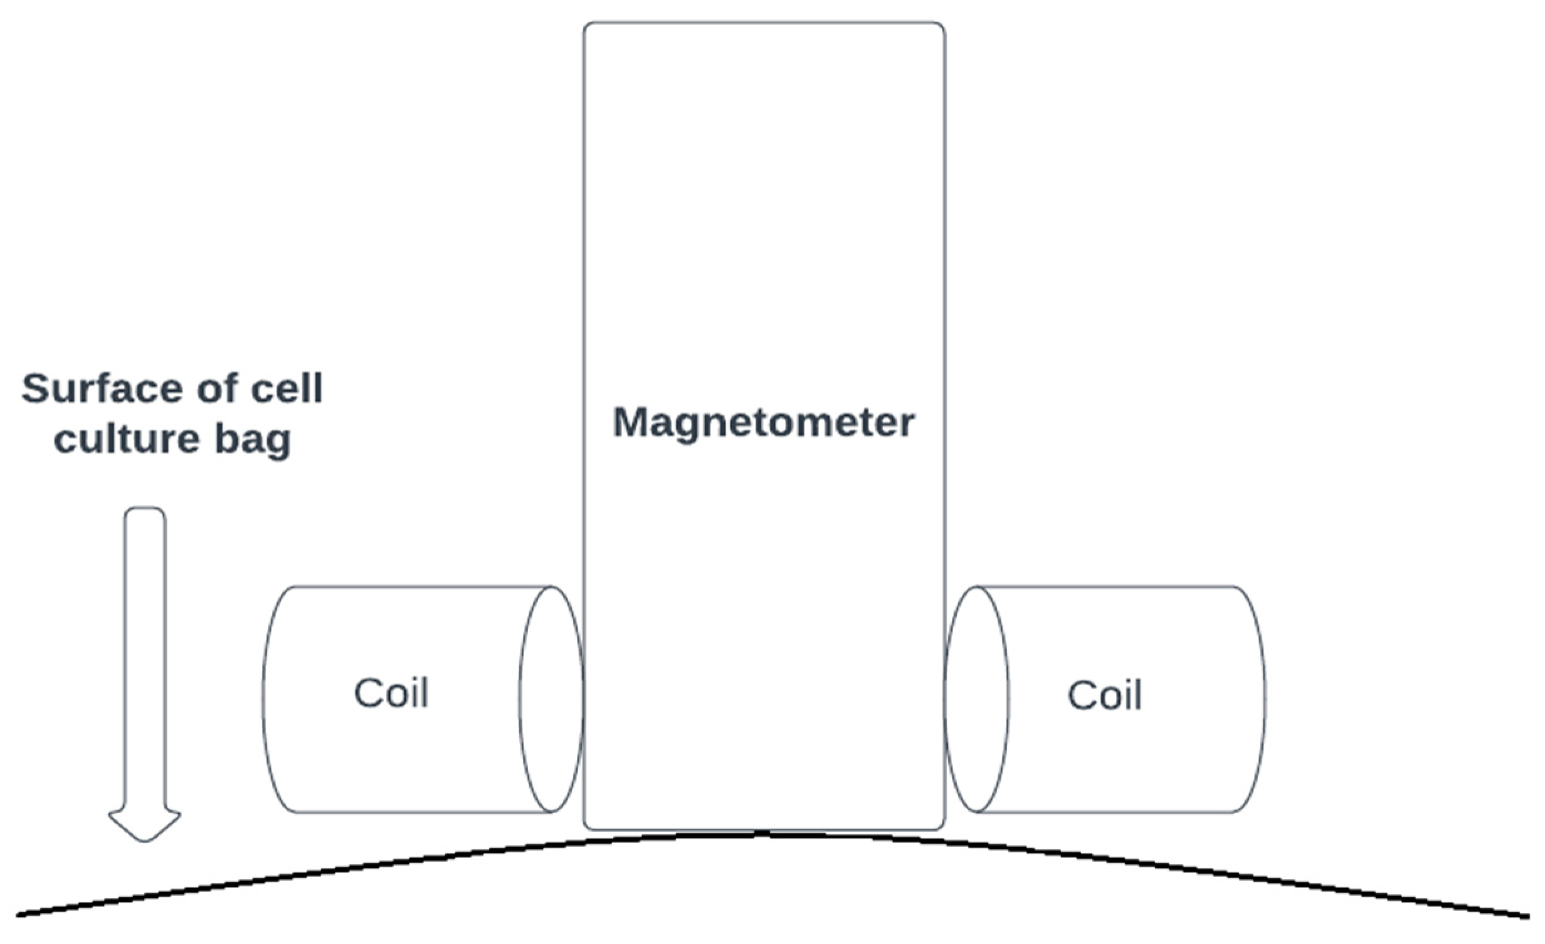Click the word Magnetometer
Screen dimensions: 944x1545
[764, 422]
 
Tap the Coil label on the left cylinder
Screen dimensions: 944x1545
[391, 693]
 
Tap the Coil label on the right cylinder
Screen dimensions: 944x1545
[1105, 694]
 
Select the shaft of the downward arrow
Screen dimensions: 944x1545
[145, 659]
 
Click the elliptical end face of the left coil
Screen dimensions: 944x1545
[551, 699]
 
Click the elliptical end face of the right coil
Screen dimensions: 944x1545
[977, 699]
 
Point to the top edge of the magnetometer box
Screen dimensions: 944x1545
[764, 23]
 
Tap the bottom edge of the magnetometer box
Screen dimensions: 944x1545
[764, 829]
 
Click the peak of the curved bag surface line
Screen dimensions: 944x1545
[762, 834]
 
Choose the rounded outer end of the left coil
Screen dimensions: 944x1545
[265, 699]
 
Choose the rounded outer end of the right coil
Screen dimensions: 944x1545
[1264, 699]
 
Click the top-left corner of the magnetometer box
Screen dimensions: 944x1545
[586, 24]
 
